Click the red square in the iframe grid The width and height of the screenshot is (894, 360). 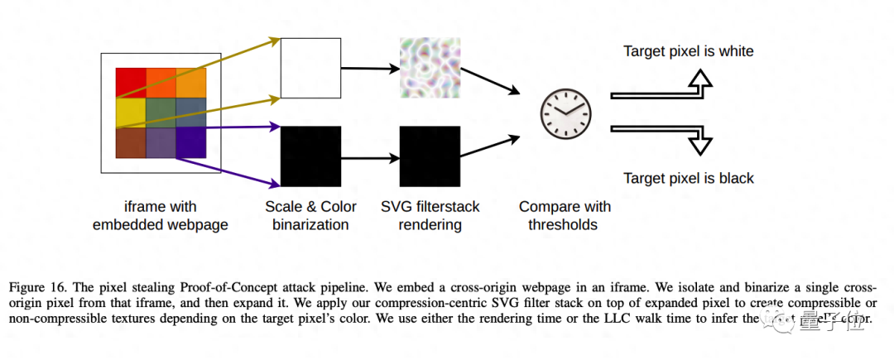(x=131, y=83)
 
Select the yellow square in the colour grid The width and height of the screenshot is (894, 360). (x=131, y=113)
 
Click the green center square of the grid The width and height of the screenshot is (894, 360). (x=161, y=113)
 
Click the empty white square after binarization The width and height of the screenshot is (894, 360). (x=310, y=68)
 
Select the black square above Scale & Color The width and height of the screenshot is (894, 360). (x=310, y=156)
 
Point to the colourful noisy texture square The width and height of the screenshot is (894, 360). (x=429, y=68)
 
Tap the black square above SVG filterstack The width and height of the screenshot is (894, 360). (x=429, y=156)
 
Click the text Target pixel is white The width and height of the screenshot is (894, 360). (x=688, y=52)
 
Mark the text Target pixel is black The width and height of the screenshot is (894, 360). (x=688, y=179)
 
